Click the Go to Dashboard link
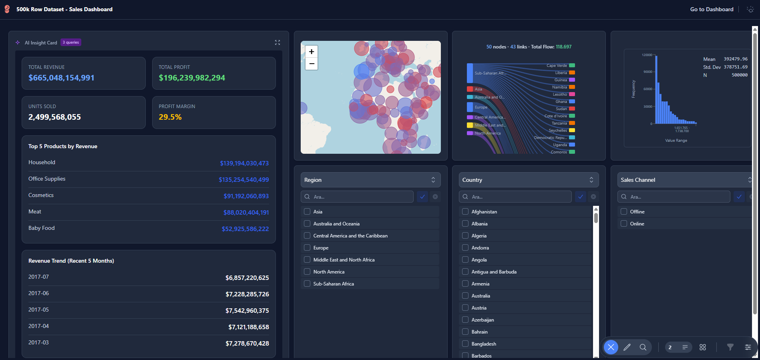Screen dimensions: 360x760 [x=712, y=9]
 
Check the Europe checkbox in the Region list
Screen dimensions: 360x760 [x=307, y=248]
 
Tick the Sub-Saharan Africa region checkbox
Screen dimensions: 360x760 [x=307, y=284]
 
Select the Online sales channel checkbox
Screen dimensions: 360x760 [x=624, y=224]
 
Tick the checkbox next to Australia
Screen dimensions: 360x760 [x=465, y=296]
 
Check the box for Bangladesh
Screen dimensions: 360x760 [x=465, y=344]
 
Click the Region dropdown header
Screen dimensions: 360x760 [x=370, y=180]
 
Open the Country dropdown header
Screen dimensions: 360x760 [x=529, y=180]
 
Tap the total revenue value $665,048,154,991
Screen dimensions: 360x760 [x=61, y=78]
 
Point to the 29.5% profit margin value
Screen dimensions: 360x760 [x=170, y=117]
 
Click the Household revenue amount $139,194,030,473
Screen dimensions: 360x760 [x=244, y=163]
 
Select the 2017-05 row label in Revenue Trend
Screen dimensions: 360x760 [x=38, y=310]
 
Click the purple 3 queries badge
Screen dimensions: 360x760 [x=71, y=42]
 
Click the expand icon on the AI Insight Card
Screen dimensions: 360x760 [x=277, y=42]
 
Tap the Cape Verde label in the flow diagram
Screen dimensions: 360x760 [x=557, y=66]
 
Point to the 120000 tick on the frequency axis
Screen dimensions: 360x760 [x=647, y=55]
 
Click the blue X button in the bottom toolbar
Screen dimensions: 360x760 [x=611, y=347]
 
